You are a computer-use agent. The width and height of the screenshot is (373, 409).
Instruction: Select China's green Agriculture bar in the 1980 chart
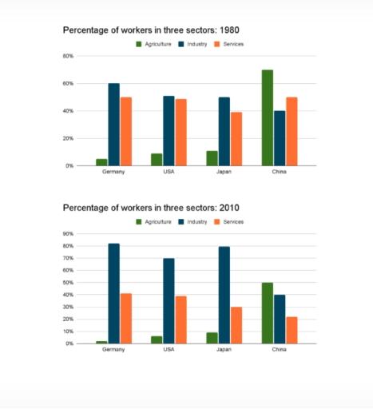click(x=267, y=117)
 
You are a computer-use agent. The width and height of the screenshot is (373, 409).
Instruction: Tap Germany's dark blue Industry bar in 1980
click(x=114, y=124)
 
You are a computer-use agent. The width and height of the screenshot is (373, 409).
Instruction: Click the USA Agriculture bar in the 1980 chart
click(x=157, y=159)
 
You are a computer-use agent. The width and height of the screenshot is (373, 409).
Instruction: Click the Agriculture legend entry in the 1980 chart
click(x=154, y=44)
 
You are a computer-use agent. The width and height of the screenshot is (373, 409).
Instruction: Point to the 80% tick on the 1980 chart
click(x=68, y=56)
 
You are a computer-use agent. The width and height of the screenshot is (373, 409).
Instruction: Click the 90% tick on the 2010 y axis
click(x=68, y=234)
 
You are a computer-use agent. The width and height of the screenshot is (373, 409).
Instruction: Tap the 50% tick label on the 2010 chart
click(x=68, y=283)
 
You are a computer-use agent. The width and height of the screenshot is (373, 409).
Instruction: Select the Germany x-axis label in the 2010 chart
click(x=114, y=350)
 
